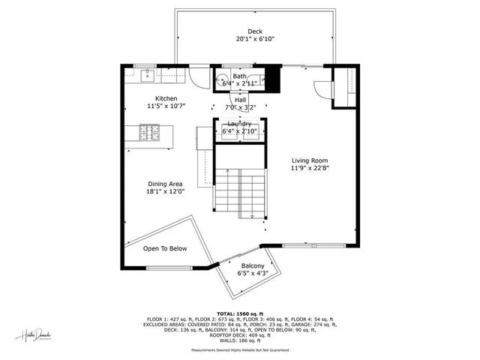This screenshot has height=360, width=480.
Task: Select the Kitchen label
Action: (x=166, y=98)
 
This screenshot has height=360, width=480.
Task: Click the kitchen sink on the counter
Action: (x=148, y=74)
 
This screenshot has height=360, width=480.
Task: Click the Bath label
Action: (x=239, y=76)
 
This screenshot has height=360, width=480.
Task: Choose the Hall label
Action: (x=240, y=100)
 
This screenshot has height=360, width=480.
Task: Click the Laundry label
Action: (x=240, y=124)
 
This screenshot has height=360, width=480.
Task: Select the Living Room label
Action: (x=310, y=160)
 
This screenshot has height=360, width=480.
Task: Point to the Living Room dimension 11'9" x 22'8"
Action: (x=310, y=169)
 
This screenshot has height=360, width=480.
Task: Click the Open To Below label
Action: (x=165, y=249)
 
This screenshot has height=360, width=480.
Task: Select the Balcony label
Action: (x=252, y=266)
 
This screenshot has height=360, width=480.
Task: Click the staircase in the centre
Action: (x=240, y=191)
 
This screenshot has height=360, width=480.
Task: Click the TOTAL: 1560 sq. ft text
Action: (x=240, y=313)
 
